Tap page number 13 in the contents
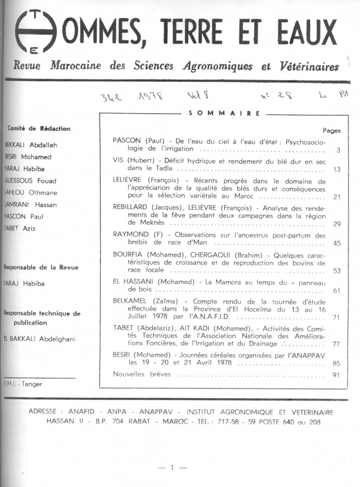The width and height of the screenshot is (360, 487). tap(336, 169)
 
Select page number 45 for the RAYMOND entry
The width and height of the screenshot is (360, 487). tap(336, 243)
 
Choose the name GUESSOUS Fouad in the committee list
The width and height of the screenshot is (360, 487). tap(30, 181)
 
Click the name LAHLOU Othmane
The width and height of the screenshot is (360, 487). tap(31, 193)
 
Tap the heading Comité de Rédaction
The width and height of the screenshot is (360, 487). tap(38, 129)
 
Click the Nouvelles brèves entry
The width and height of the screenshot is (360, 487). tap(142, 374)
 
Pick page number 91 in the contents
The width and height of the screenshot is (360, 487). tap(336, 374)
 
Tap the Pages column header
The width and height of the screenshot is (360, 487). tap(331, 130)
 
